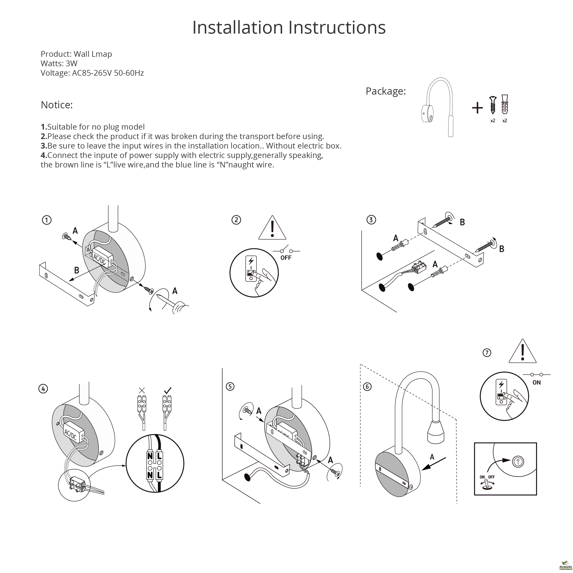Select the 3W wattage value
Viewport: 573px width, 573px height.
[71, 63]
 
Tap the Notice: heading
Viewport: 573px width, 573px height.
[57, 105]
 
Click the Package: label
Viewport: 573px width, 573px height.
[385, 91]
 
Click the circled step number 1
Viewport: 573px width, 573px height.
[47, 220]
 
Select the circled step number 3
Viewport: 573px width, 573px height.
[371, 220]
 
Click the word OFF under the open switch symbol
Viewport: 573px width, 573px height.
[286, 258]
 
